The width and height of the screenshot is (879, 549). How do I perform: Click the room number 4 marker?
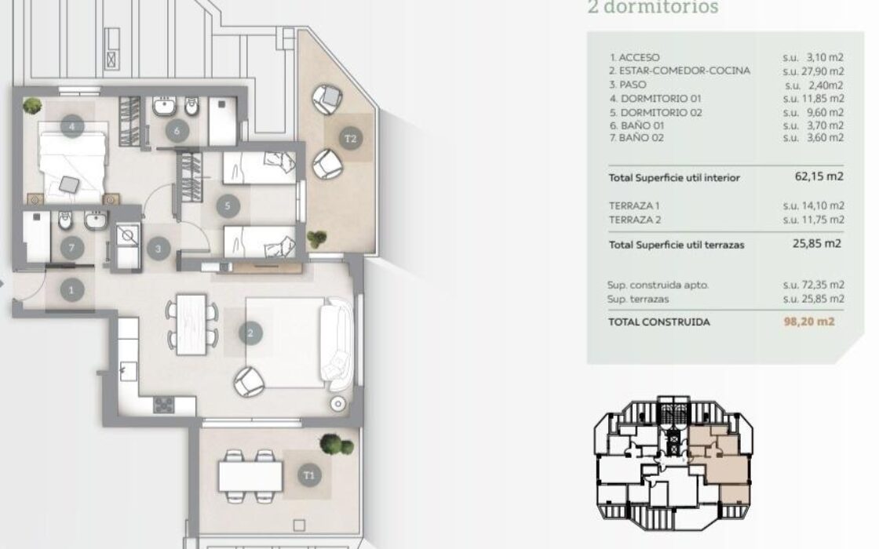click(71, 126)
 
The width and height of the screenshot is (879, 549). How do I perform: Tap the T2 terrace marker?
click(350, 138)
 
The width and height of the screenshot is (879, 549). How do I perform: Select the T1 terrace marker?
click(309, 475)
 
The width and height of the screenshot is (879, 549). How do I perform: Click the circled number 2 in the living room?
click(250, 333)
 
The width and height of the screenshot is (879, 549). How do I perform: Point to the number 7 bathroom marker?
click(71, 248)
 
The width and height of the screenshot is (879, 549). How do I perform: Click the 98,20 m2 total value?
click(809, 322)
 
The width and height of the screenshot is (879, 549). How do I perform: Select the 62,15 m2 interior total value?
click(819, 176)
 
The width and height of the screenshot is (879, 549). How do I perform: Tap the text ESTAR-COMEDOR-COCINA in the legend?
click(684, 71)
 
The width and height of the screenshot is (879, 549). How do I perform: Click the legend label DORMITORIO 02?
click(661, 112)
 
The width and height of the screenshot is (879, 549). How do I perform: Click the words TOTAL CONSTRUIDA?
click(659, 322)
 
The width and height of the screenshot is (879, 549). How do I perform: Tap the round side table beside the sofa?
click(337, 403)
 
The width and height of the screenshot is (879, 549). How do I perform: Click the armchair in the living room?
click(249, 381)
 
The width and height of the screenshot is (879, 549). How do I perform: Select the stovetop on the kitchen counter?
click(164, 405)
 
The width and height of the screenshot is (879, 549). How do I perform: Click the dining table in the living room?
click(191, 325)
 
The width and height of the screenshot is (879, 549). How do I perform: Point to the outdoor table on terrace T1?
click(250, 476)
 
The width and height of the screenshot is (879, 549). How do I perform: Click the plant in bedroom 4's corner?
click(32, 105)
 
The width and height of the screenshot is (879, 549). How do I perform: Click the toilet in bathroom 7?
click(65, 220)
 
